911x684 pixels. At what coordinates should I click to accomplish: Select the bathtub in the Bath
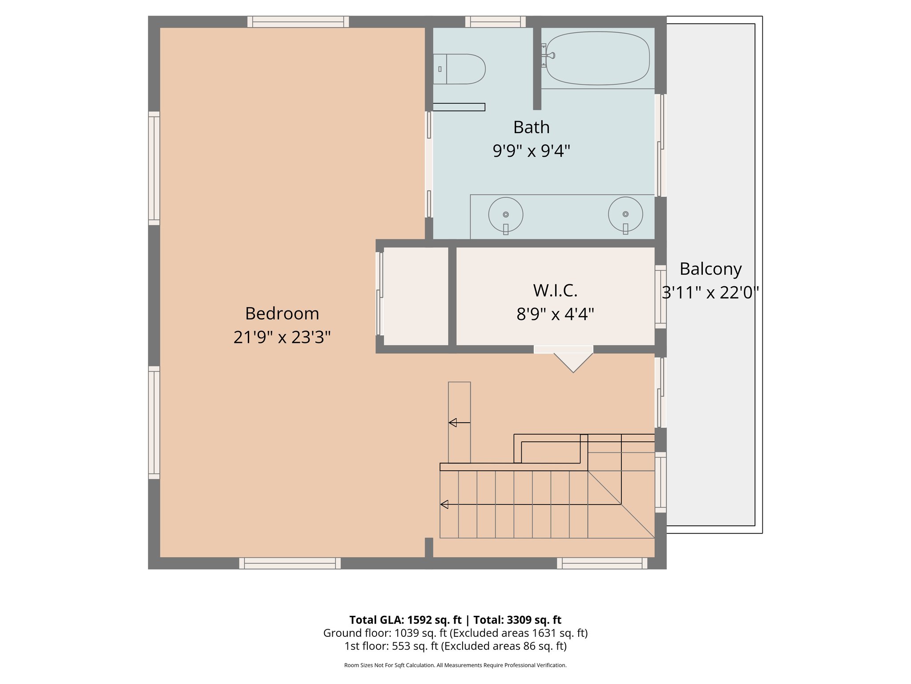(597, 58)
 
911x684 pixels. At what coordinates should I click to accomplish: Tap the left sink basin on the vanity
(506, 215)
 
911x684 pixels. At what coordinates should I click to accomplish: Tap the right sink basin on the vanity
(625, 214)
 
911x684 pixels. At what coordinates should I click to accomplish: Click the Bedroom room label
(282, 313)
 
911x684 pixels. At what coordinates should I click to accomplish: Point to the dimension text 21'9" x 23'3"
(282, 337)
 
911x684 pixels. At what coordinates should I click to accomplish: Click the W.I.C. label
(555, 290)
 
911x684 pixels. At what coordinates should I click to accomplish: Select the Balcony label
(710, 269)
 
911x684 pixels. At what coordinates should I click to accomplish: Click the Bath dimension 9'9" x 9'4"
(531, 151)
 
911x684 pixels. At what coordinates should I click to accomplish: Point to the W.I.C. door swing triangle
(573, 361)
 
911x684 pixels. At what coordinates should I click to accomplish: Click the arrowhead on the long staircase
(444, 504)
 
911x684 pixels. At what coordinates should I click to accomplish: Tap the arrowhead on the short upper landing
(453, 423)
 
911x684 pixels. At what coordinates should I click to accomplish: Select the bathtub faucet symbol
(549, 56)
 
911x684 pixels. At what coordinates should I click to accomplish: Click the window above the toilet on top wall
(496, 21)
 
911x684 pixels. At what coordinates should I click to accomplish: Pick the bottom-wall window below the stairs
(602, 563)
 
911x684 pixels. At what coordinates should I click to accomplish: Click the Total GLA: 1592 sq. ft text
(405, 620)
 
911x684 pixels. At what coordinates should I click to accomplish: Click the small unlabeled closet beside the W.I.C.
(415, 296)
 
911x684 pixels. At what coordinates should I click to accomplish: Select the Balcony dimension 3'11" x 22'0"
(710, 293)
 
